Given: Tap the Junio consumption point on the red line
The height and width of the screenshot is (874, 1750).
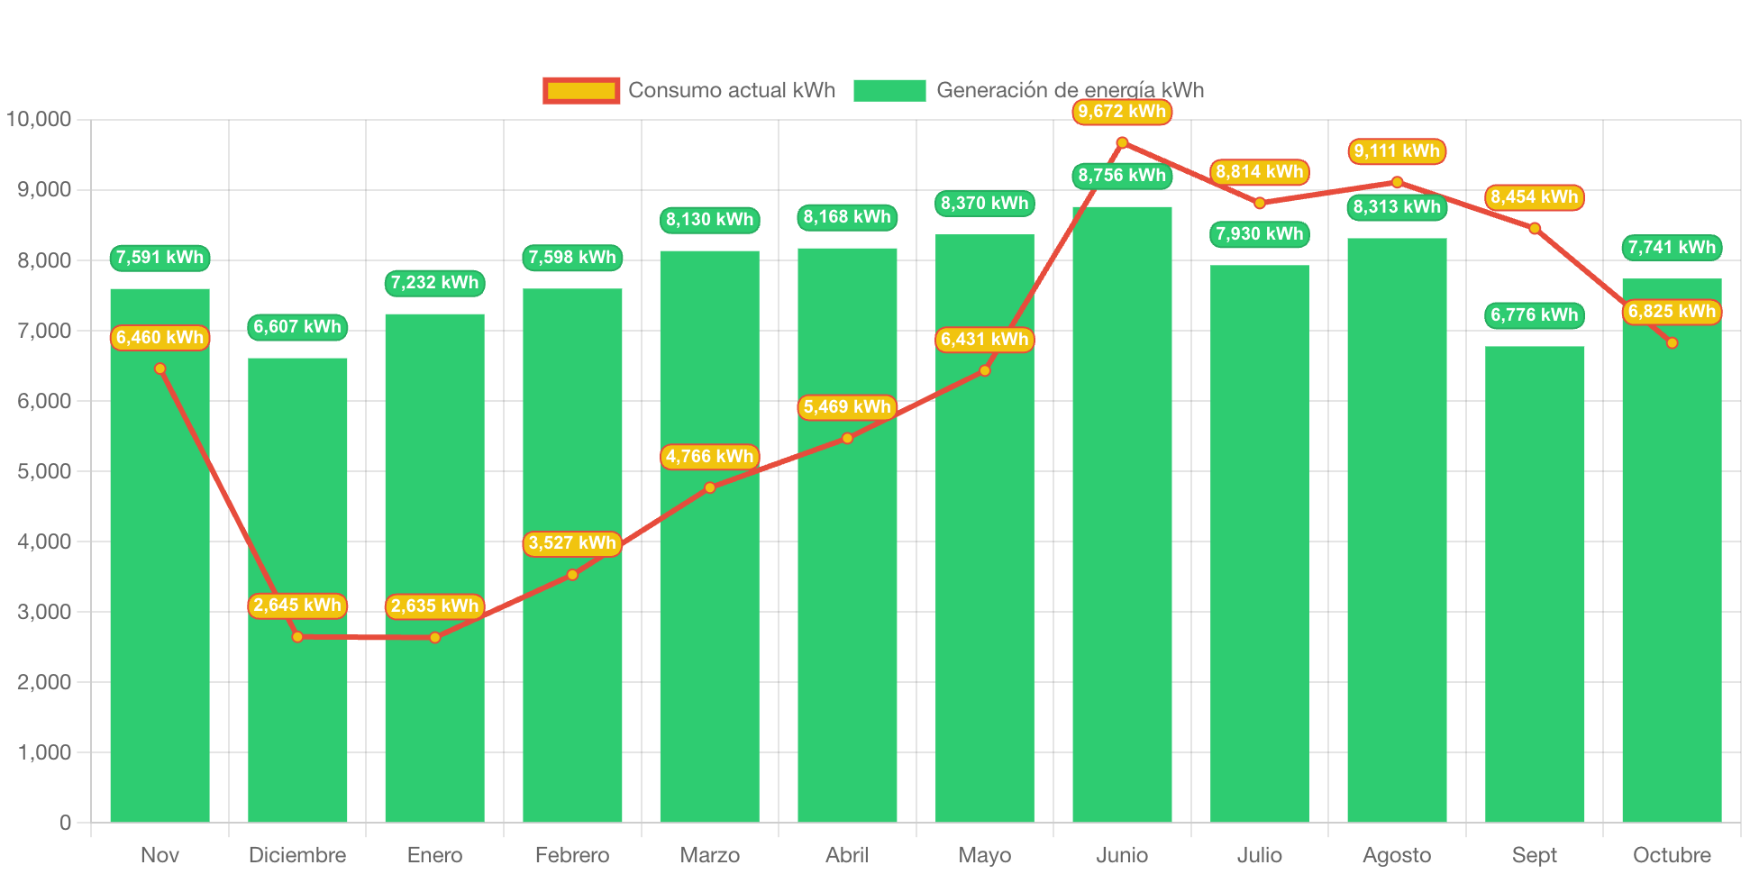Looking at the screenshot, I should [1122, 142].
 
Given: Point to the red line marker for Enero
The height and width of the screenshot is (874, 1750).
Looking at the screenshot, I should [435, 638].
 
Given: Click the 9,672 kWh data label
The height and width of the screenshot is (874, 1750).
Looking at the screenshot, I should [1122, 112].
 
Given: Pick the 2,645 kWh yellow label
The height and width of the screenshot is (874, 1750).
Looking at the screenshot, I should [297, 605].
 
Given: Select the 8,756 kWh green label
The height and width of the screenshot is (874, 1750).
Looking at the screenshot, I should [1122, 176].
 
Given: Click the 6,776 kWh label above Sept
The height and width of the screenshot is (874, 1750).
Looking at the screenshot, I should [1535, 315].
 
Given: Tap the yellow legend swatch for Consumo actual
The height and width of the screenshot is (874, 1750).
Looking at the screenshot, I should [581, 90].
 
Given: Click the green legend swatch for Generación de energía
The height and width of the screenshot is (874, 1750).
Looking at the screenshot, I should [889, 90].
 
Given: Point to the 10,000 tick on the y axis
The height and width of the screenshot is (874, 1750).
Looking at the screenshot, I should [39, 119].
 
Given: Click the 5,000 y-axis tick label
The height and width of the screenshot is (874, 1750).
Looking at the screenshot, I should [44, 471].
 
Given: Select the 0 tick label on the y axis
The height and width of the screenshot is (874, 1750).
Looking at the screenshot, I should [65, 823].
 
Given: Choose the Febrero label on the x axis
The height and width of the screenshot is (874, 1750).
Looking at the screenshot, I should [572, 855].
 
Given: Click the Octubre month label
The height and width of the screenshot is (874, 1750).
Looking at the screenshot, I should [1672, 855].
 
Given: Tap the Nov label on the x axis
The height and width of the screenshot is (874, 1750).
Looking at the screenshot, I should [160, 855].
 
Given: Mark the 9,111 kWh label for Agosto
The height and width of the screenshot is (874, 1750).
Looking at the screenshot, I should [1397, 151].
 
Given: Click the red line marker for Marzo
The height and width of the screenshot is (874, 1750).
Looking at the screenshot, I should [710, 487].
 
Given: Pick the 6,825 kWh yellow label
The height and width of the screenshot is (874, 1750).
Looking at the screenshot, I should [1672, 312].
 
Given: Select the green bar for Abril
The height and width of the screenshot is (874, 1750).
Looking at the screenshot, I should [847, 631].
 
